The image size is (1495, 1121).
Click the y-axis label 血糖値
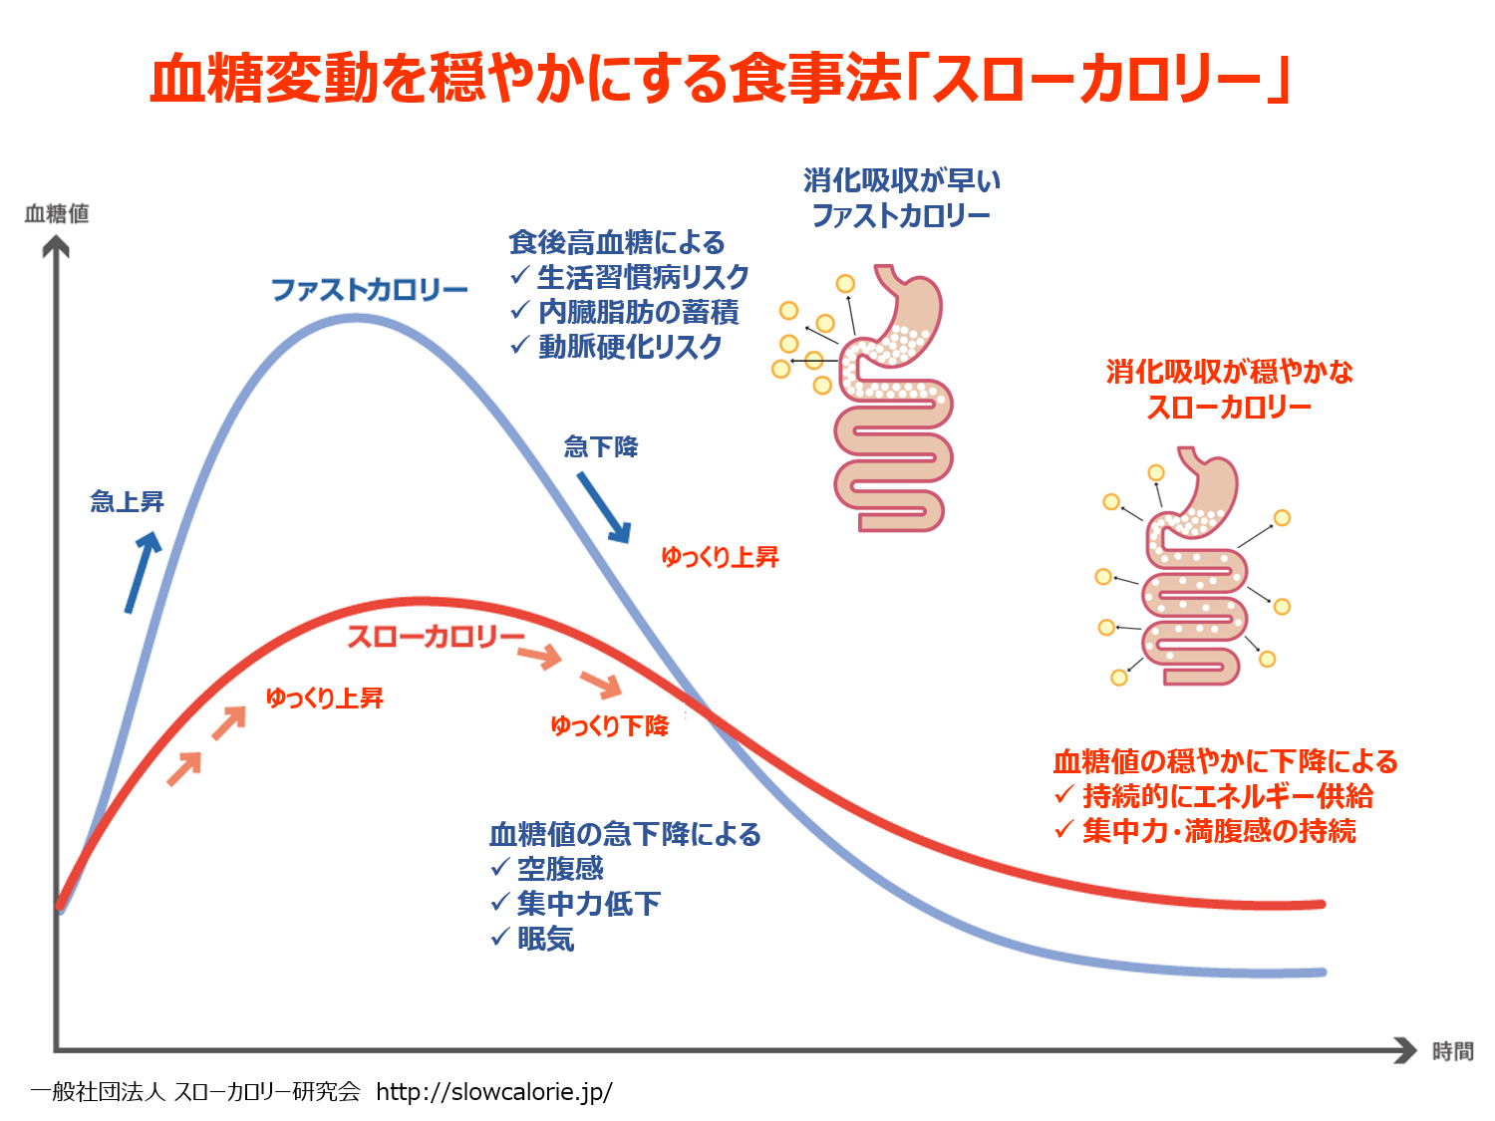click(57, 213)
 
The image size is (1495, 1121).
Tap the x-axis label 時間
click(1452, 1051)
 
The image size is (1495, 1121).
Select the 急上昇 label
click(128, 501)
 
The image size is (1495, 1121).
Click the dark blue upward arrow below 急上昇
click(143, 571)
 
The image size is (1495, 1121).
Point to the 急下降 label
click(601, 446)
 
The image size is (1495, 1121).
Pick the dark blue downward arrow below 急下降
click(604, 507)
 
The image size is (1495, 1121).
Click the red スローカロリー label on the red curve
click(436, 637)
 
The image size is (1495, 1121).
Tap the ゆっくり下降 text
click(609, 725)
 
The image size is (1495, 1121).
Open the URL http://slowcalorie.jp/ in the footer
click(494, 1092)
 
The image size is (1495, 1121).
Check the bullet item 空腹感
click(560, 869)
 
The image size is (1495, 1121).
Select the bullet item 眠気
click(545, 939)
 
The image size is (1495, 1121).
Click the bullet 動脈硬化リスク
click(630, 347)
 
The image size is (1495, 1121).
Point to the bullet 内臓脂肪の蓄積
click(638, 312)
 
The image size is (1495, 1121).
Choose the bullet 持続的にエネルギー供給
click(1228, 796)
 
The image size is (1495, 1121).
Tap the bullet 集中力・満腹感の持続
click(1219, 831)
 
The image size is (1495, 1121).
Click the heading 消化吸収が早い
click(902, 180)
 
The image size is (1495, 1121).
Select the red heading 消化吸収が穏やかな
click(1229, 372)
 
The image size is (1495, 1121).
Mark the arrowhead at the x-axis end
click(1406, 1050)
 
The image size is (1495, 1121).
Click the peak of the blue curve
click(355, 319)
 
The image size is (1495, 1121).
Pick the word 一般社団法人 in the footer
click(97, 1092)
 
